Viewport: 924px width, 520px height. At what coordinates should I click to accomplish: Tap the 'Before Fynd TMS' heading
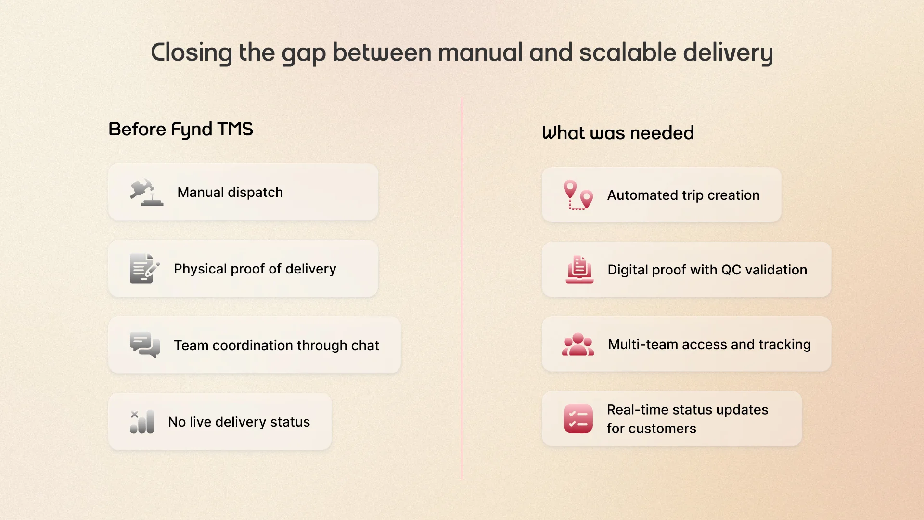(180, 129)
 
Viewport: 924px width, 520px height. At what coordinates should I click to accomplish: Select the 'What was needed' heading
(618, 133)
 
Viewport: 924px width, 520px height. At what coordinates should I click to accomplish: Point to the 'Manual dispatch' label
(230, 193)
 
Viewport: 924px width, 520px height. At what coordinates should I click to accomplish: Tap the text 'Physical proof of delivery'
(255, 269)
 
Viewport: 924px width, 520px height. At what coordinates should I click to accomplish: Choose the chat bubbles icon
(144, 345)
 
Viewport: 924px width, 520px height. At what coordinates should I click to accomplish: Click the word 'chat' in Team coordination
(365, 345)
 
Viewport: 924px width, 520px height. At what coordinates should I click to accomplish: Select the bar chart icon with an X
(142, 422)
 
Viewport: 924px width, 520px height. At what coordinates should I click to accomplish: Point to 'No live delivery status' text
(239, 422)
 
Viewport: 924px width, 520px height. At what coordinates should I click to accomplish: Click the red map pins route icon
(578, 195)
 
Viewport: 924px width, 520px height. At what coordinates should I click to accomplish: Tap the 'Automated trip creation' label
(683, 195)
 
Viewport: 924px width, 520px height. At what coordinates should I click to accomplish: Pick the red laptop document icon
(579, 270)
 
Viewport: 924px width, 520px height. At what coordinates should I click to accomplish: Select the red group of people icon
(578, 345)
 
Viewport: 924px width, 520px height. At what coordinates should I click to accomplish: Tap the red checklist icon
(578, 419)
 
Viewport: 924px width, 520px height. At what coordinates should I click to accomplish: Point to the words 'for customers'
(651, 429)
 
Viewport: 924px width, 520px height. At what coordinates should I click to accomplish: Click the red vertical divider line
(462, 289)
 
